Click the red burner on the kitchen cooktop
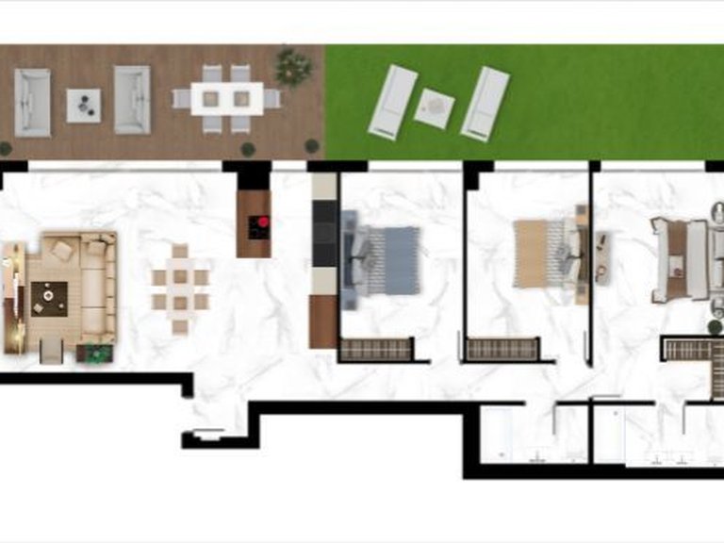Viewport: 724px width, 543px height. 263,222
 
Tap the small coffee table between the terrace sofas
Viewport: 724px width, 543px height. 84,105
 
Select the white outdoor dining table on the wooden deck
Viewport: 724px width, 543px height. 227,98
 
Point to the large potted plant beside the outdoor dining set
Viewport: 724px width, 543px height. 293,68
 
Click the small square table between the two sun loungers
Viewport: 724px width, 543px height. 435,107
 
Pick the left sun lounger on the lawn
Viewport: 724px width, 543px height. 394,101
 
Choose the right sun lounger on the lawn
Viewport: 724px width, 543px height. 485,103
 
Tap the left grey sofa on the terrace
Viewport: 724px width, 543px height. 33,102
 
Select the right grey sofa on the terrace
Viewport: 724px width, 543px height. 132,99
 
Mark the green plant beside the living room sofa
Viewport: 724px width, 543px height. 94,354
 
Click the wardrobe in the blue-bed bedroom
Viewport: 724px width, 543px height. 376,349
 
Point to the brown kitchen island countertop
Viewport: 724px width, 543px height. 254,224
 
